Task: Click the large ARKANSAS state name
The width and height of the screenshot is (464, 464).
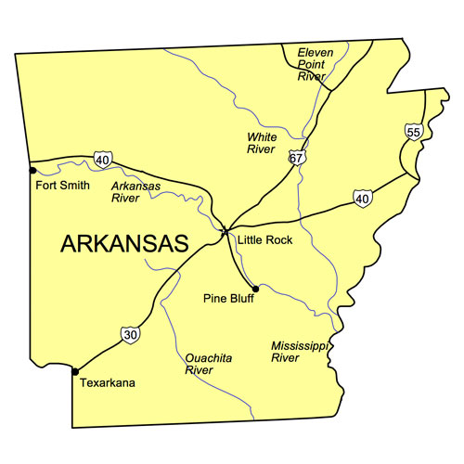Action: pyautogui.click(x=124, y=243)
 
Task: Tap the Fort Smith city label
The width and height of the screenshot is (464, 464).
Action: pyautogui.click(x=62, y=185)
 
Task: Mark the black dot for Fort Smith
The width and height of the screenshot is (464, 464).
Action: pyautogui.click(x=32, y=171)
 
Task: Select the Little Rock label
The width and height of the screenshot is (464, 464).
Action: pyautogui.click(x=264, y=239)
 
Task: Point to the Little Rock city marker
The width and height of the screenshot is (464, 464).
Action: pyautogui.click(x=225, y=231)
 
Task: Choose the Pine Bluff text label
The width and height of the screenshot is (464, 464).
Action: pyautogui.click(x=228, y=299)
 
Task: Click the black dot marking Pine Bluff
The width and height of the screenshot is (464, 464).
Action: pyautogui.click(x=255, y=288)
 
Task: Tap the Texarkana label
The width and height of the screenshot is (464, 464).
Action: pyautogui.click(x=107, y=381)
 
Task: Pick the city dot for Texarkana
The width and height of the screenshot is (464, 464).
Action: pyautogui.click(x=74, y=371)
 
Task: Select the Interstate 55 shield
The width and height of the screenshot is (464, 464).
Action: pyautogui.click(x=414, y=133)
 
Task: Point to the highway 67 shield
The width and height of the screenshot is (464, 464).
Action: pyautogui.click(x=296, y=158)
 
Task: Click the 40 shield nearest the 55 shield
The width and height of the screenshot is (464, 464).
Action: pyautogui.click(x=363, y=198)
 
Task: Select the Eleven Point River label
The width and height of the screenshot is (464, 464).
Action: pyautogui.click(x=314, y=63)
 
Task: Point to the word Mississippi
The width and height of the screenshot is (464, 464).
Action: pyautogui.click(x=299, y=345)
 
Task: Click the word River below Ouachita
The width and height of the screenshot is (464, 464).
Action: pyautogui.click(x=200, y=369)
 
